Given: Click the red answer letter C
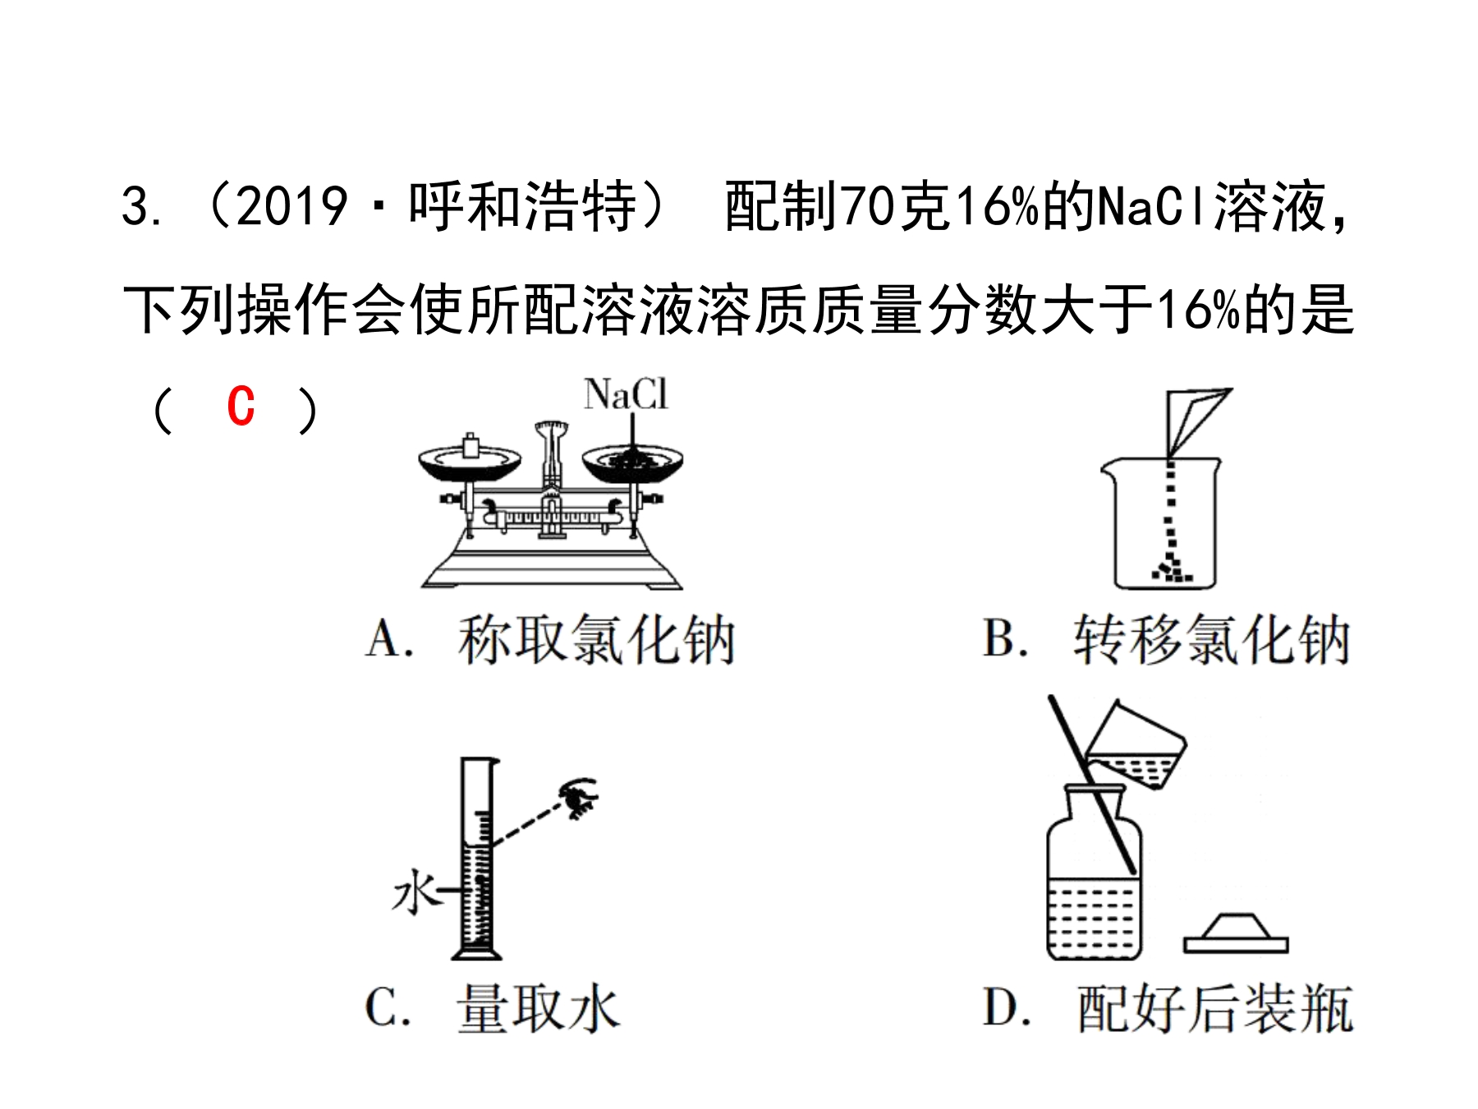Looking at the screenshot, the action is [x=241, y=407].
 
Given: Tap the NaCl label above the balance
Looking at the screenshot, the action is [x=626, y=394].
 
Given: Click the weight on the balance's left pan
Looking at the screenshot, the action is [x=470, y=445].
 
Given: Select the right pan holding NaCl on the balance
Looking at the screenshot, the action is [x=632, y=462].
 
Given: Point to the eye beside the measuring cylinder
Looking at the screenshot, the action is [x=579, y=796].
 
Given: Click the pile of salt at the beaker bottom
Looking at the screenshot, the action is [x=1171, y=569].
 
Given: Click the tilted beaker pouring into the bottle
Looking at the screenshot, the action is [x=1136, y=747].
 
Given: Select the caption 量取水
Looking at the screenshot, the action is [x=538, y=1008].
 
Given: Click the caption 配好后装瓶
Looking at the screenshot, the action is [x=1215, y=1008].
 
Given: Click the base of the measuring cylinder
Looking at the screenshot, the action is [x=477, y=953].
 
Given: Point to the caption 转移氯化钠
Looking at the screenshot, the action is [x=1212, y=639].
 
